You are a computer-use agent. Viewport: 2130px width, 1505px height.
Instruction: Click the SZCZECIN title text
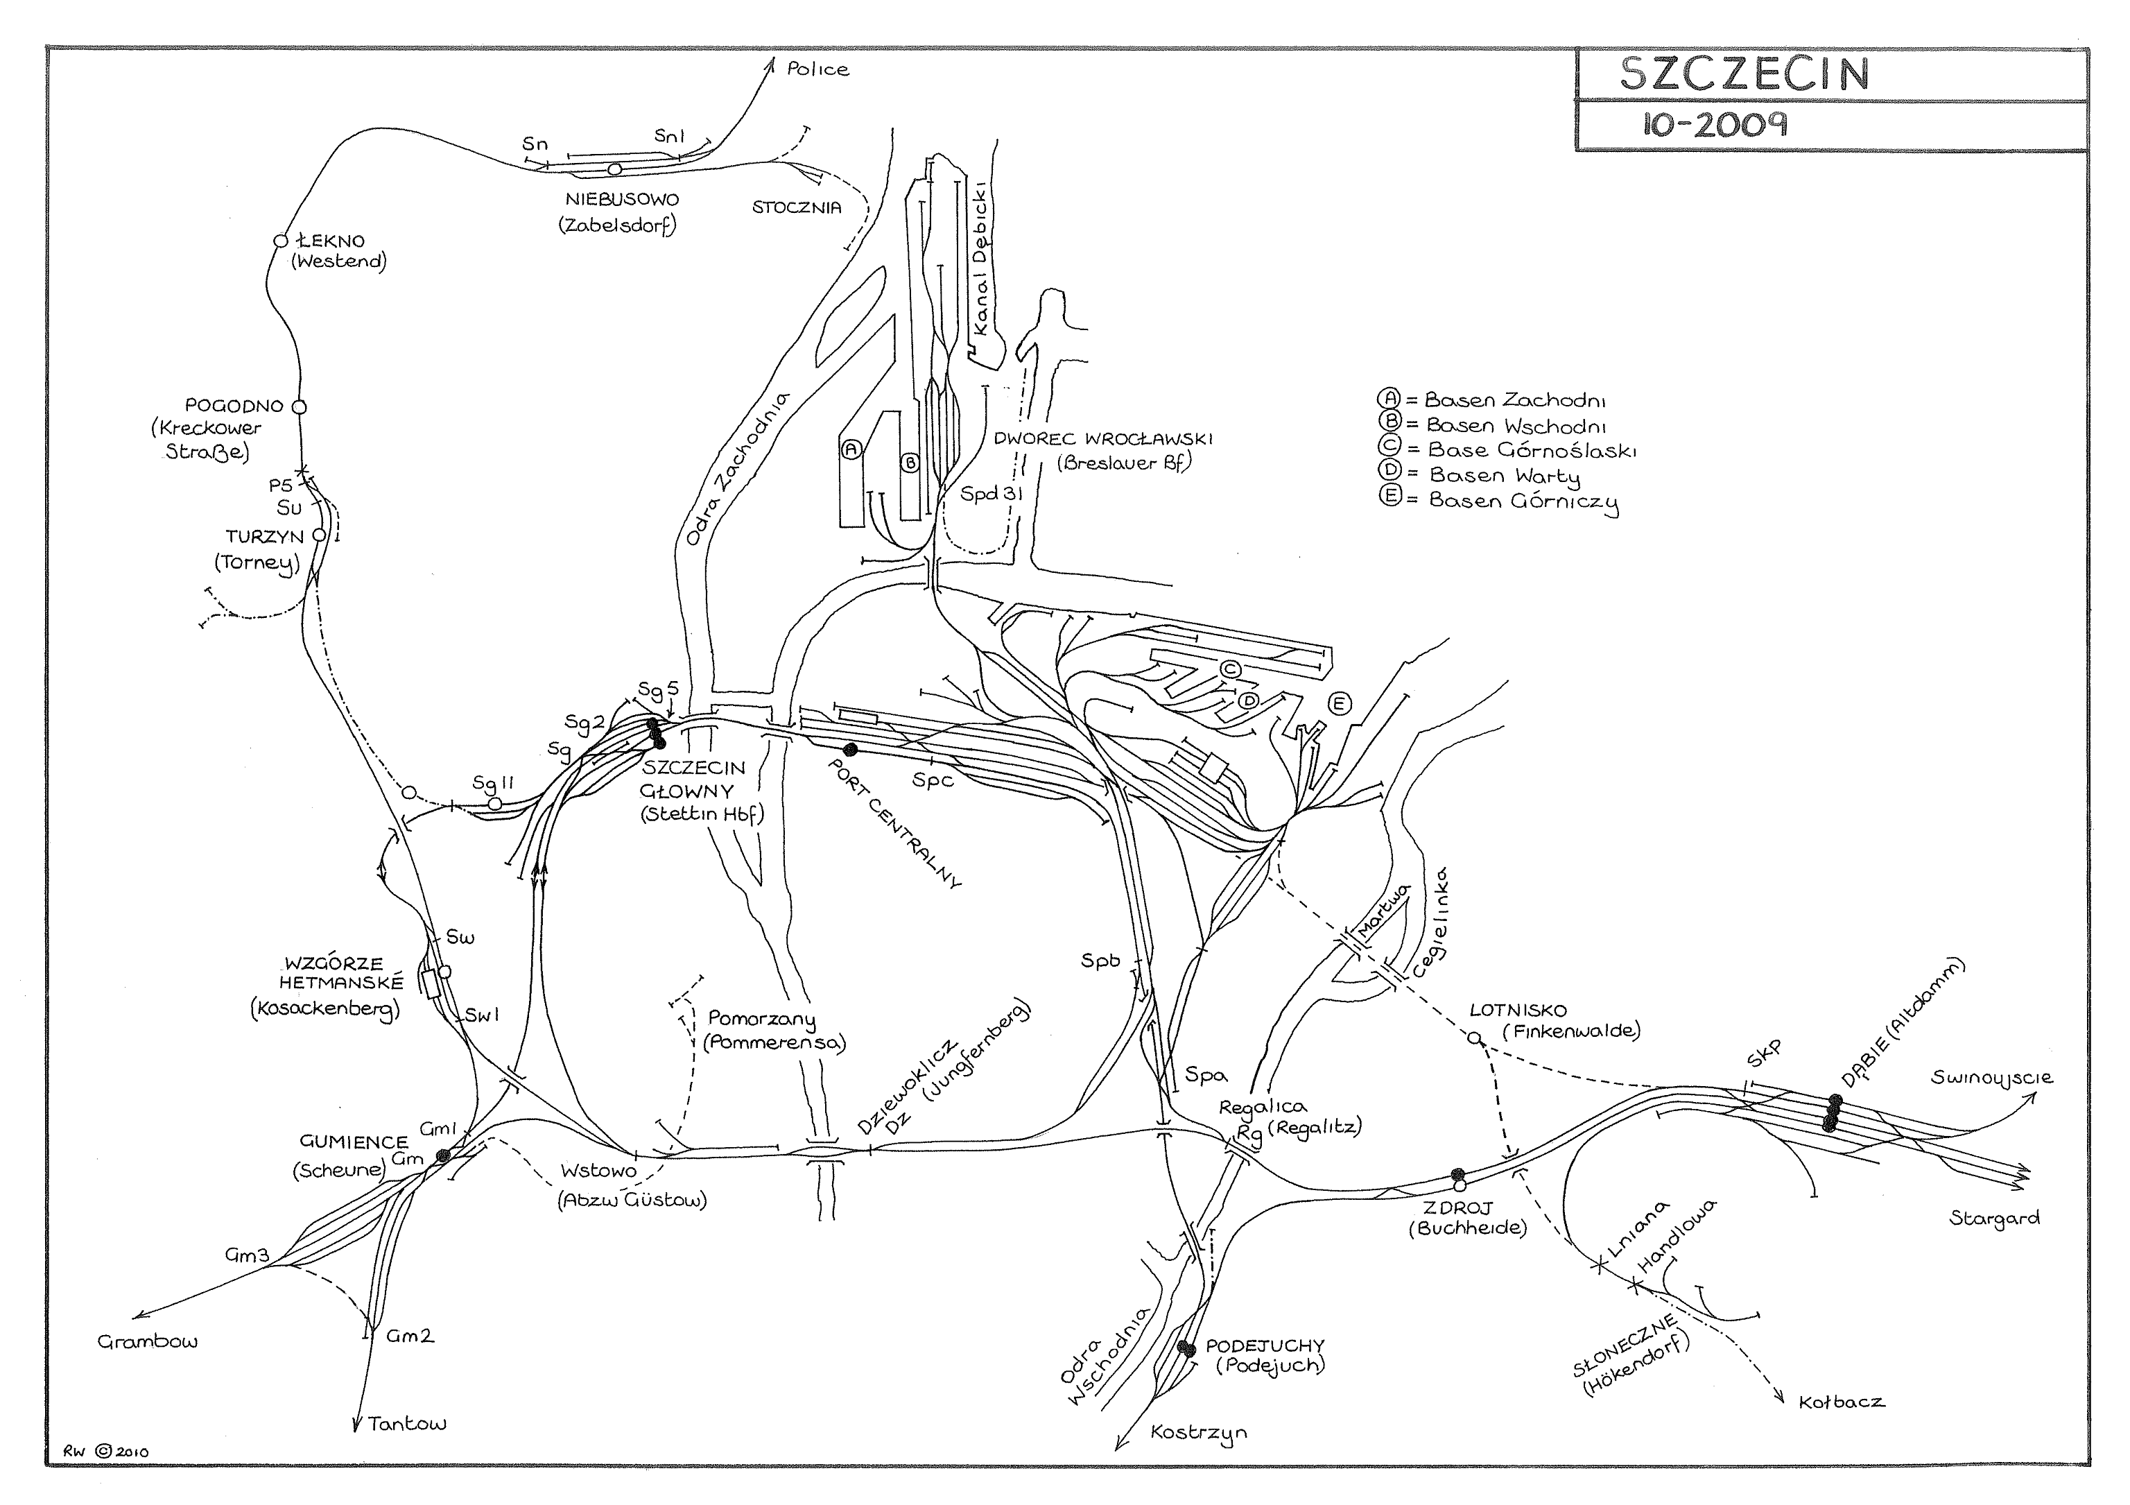click(1744, 74)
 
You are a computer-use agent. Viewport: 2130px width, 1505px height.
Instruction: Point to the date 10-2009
click(1715, 124)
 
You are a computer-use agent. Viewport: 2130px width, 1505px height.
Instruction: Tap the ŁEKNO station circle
click(281, 241)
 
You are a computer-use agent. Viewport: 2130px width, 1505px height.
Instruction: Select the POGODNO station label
click(234, 406)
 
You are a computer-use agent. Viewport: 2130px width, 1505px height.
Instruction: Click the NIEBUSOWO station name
click(621, 200)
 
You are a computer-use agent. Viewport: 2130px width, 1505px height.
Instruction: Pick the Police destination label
click(817, 69)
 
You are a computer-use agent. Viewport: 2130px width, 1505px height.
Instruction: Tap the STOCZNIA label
click(797, 208)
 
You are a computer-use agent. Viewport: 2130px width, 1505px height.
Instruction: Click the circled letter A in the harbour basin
click(851, 449)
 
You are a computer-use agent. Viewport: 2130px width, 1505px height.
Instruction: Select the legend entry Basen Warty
click(1503, 476)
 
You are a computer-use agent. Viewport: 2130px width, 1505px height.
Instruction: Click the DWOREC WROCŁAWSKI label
click(1103, 439)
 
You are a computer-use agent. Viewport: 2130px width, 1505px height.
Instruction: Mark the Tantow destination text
click(406, 1423)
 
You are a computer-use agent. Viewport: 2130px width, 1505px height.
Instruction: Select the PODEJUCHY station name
click(1265, 1345)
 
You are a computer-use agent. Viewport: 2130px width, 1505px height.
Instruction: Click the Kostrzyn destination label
click(1199, 1433)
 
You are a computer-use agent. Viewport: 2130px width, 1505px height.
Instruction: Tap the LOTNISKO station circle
click(1474, 1038)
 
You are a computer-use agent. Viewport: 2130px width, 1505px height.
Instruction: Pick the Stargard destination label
click(1995, 1219)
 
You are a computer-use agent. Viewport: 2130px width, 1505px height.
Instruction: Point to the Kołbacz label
click(1842, 1402)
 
